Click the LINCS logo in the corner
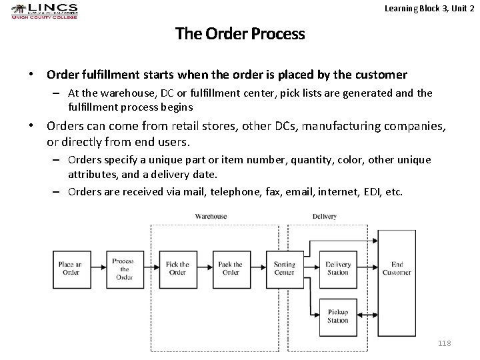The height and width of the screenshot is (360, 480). click(45, 11)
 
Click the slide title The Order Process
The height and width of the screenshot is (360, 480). click(240, 33)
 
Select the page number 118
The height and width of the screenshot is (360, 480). click(445, 343)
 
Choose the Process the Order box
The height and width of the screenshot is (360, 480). click(123, 269)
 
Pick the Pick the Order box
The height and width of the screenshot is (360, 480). click(177, 269)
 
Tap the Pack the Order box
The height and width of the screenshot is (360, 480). click(230, 269)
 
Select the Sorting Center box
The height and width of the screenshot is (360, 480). click(285, 269)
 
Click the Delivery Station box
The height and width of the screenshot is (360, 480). click(338, 269)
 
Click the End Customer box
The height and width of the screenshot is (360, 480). click(397, 269)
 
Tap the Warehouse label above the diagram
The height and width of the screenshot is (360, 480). click(211, 216)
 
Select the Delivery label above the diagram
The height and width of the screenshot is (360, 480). click(324, 216)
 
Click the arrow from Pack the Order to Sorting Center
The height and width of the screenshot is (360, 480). click(257, 269)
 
